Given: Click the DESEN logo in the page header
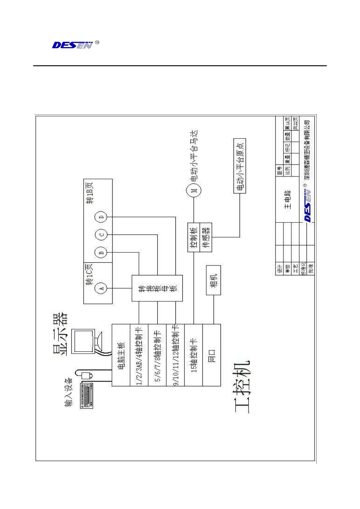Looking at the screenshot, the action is click(x=73, y=45).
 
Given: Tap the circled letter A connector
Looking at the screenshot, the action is click(x=101, y=288).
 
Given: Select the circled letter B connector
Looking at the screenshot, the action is click(x=101, y=253).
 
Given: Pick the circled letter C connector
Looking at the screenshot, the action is click(x=101, y=235).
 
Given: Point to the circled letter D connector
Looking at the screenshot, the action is click(x=101, y=217).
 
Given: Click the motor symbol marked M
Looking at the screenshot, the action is click(x=194, y=190).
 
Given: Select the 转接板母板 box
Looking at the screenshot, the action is click(x=157, y=288).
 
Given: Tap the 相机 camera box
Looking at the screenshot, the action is click(x=214, y=280).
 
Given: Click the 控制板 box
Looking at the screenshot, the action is click(x=194, y=237).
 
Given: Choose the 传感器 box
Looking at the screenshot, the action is click(x=206, y=237).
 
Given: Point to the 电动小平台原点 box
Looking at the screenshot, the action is click(x=240, y=166).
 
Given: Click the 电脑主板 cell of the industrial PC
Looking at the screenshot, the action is click(x=121, y=355).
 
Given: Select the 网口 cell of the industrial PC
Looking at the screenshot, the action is click(x=211, y=355).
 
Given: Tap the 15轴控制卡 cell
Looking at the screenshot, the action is click(x=193, y=355).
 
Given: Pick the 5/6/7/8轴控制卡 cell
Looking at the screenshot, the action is click(x=157, y=355).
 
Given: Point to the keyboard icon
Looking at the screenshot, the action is click(x=87, y=395).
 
